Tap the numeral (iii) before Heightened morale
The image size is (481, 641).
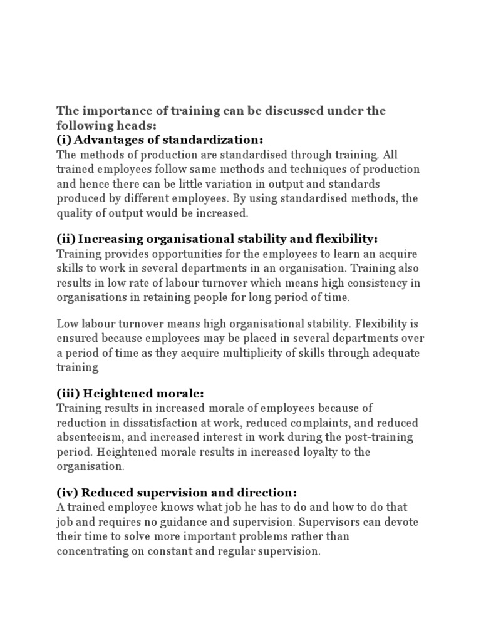68,394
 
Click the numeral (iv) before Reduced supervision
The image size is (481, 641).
68,492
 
